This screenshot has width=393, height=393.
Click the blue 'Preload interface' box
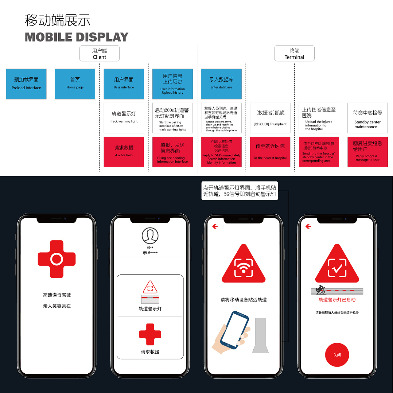pos(26,84)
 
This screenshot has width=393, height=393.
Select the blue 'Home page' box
pos(75,84)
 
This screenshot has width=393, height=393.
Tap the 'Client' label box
pos(99,54)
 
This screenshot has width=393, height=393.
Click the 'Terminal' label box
pos(294,54)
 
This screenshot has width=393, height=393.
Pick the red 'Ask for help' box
pos(124,152)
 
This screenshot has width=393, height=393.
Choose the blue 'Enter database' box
pos(221,84)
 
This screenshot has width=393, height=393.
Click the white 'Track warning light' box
pos(124,118)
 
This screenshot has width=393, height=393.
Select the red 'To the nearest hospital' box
pos(270,152)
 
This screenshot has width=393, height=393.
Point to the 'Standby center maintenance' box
pos(368,118)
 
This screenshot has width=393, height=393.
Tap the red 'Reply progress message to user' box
pos(368,152)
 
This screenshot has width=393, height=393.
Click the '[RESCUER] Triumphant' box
pos(270,118)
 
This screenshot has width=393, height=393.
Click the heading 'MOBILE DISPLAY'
pos(76,37)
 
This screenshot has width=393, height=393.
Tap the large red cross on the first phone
pos(57,259)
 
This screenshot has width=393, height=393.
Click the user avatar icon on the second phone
pos(150,236)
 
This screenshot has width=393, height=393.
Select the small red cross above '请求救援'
pos(150,334)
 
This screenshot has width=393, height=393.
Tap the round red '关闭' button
pos(337,355)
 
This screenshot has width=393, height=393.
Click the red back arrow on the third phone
pos(215,227)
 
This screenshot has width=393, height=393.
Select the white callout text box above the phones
pos(239,191)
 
